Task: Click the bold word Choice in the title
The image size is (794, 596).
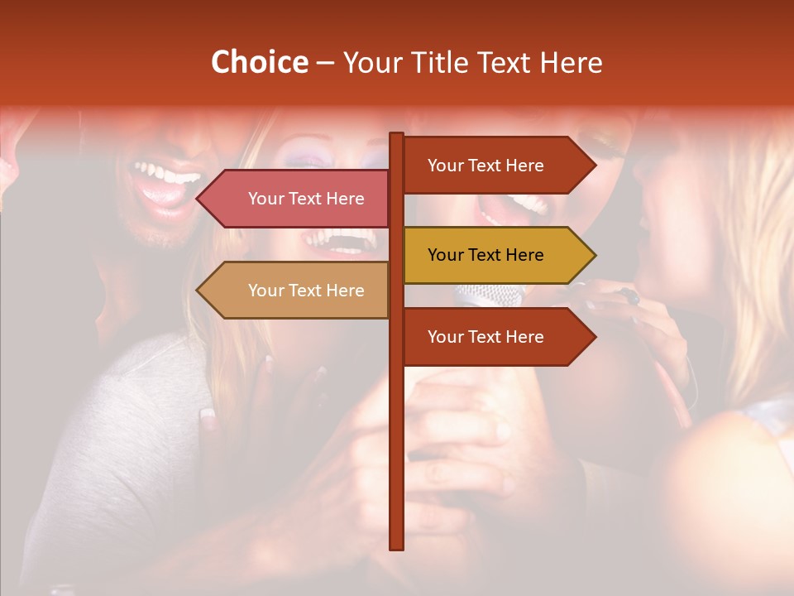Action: [259, 63]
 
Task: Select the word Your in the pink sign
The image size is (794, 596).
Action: [266, 199]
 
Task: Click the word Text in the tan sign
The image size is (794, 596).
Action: [307, 291]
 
